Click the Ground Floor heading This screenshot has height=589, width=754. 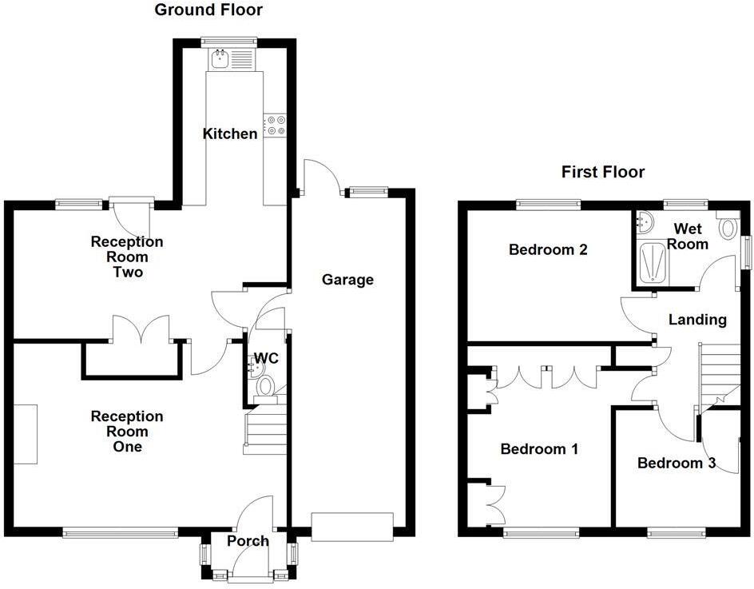point(208,10)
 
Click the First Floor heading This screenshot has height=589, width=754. point(603,172)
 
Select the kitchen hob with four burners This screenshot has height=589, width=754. point(276,125)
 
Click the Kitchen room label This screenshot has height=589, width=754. point(230,133)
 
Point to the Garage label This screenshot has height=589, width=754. point(347,280)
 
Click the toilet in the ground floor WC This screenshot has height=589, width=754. point(265,387)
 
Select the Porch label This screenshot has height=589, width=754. point(248,541)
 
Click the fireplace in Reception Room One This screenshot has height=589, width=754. point(25,434)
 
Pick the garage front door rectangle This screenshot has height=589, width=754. point(352,526)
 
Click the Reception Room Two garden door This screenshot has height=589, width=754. point(130,201)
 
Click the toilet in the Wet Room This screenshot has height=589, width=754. point(728,227)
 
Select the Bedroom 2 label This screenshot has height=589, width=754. point(548,249)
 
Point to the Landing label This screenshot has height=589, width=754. point(697,320)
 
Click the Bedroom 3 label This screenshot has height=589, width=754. point(676,463)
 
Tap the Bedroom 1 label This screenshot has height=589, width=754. point(538,449)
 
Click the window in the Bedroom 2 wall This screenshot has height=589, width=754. point(548,204)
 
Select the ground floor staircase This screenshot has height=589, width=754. point(265,432)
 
